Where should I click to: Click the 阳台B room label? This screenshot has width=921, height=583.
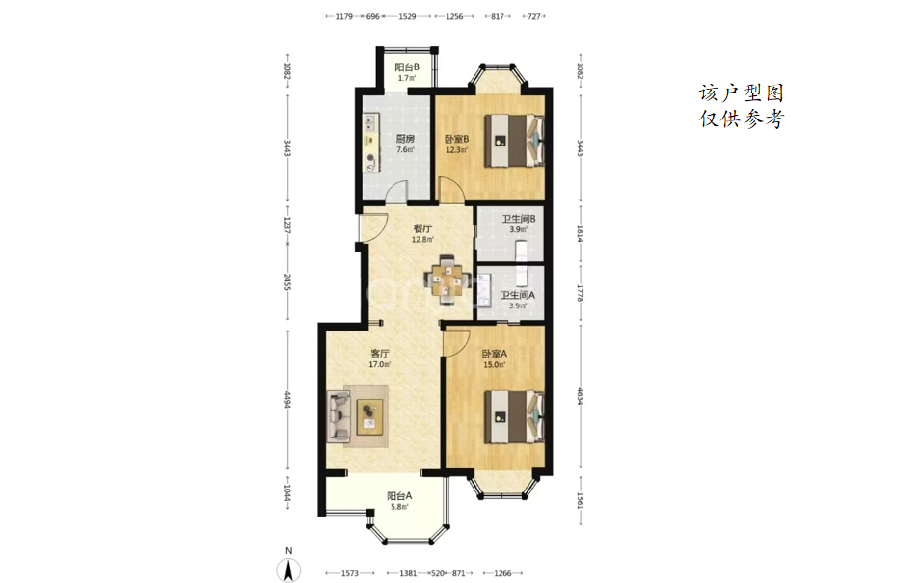[406, 66]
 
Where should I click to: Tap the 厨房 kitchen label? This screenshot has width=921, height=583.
[405, 139]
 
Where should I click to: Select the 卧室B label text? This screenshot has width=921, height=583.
[456, 139]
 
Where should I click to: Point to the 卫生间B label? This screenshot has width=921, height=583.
[518, 219]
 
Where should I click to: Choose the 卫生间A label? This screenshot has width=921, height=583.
[518, 295]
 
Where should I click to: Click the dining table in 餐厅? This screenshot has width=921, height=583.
[449, 279]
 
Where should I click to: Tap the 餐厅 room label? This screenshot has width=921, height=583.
[422, 229]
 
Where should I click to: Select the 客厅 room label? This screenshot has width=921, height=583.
[379, 354]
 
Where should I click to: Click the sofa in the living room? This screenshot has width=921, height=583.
[339, 417]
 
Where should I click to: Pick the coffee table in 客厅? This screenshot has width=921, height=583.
[369, 417]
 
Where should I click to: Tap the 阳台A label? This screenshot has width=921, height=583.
[399, 496]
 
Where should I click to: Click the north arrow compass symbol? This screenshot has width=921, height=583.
[288, 569]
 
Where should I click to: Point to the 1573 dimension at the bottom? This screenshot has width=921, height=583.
[349, 573]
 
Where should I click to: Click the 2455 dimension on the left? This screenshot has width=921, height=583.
[287, 281]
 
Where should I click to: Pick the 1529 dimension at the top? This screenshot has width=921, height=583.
[407, 16]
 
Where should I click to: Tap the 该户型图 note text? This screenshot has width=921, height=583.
[742, 93]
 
